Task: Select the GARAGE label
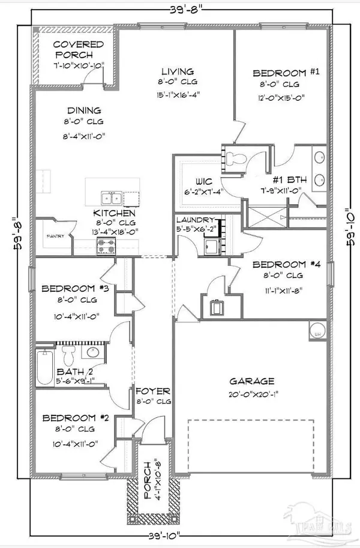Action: [252, 381]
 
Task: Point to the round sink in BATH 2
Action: [91, 352]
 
